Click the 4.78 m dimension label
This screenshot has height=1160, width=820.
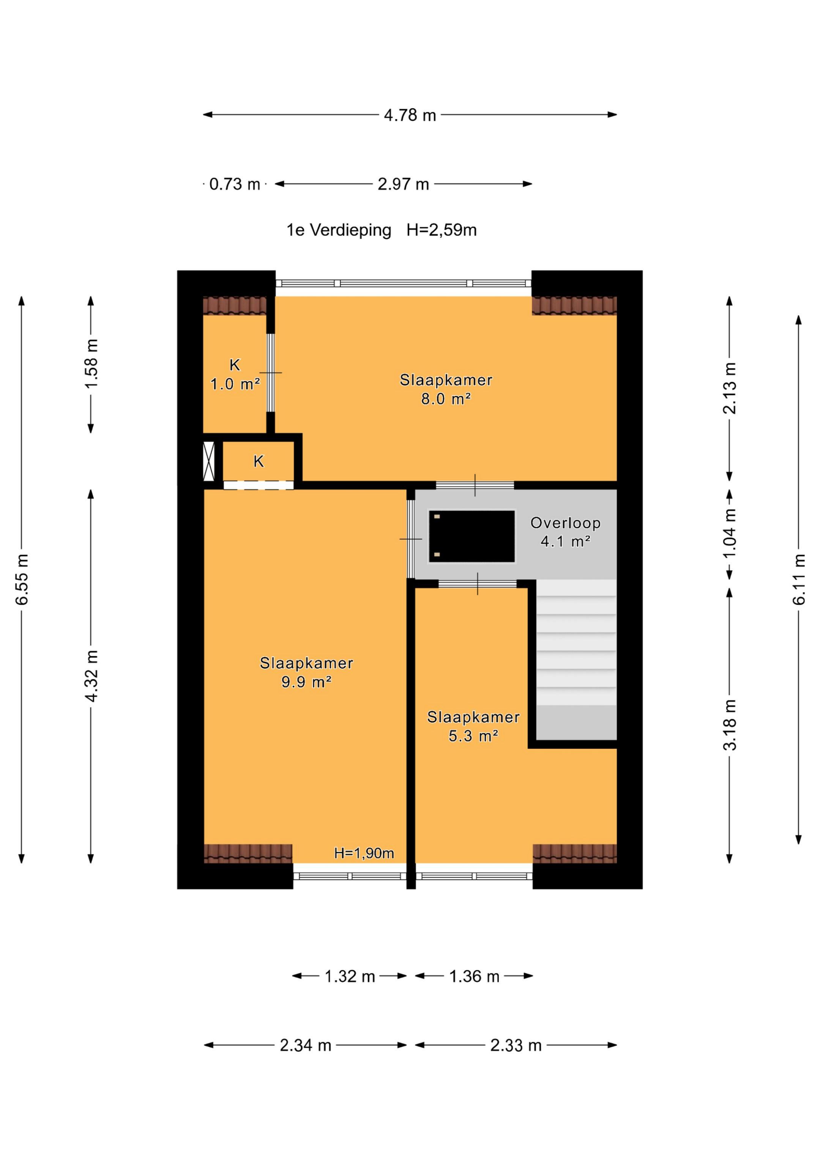tap(410, 115)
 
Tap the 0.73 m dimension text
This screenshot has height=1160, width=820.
tap(235, 184)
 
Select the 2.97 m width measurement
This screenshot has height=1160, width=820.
tap(403, 184)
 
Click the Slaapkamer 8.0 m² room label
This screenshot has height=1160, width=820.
tap(446, 389)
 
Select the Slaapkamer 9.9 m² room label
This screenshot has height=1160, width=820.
tap(306, 672)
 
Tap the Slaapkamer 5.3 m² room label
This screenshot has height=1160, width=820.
tap(473, 726)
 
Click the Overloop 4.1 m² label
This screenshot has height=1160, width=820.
tap(565, 532)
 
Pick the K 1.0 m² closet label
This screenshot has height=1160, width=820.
tap(235, 374)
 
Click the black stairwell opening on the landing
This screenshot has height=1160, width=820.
tap(472, 536)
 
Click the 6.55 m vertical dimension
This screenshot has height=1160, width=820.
tap(22, 579)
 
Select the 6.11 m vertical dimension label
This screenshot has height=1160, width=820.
tap(799, 579)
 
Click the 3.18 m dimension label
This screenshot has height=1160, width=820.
tap(730, 725)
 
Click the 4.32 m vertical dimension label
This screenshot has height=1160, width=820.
tap(91, 676)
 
